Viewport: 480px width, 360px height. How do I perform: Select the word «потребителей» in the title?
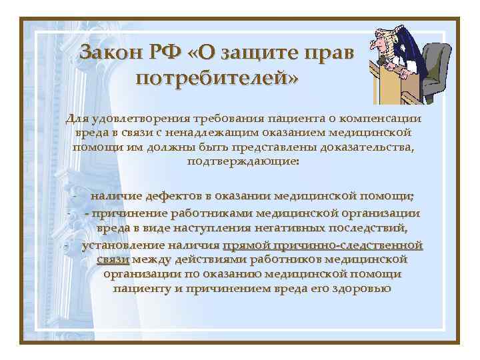tap(217, 78)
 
